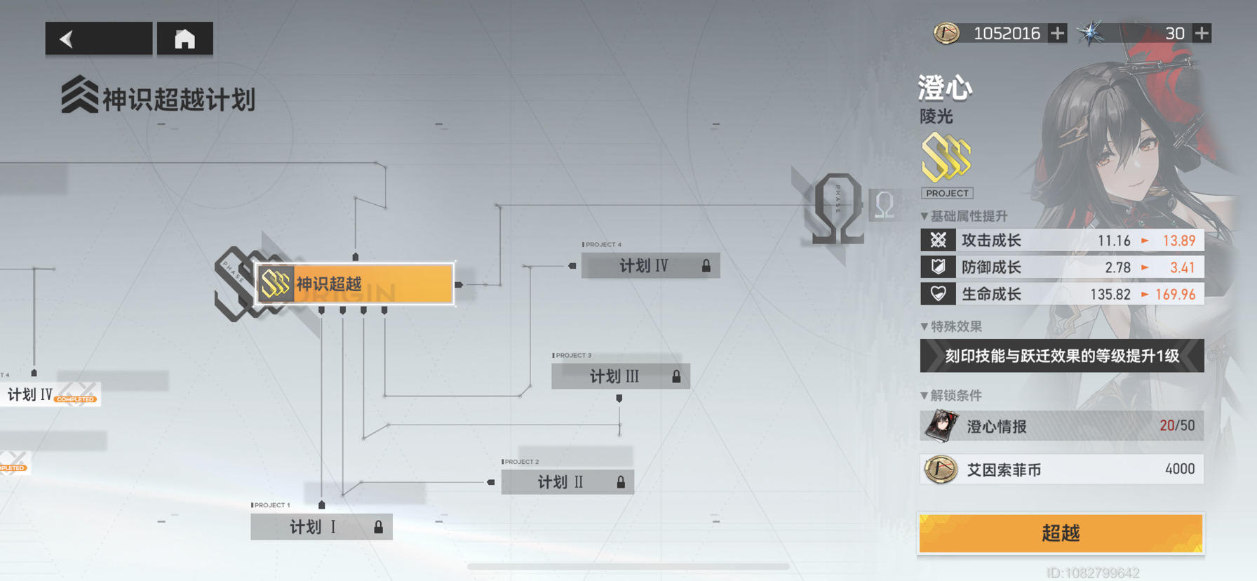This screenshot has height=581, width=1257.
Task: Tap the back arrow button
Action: [98, 39]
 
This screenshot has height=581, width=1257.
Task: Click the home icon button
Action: [184, 39]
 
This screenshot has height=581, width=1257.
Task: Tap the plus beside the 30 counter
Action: [1202, 33]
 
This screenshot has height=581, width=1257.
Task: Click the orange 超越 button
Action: [1061, 533]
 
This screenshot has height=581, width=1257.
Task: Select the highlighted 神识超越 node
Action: [355, 284]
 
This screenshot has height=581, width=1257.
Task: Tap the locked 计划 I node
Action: [321, 527]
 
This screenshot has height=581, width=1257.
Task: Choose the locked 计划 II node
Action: [567, 482]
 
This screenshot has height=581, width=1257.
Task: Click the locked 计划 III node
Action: [620, 377]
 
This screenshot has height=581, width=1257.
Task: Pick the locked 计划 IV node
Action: [650, 266]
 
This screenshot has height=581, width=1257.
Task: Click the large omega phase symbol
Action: [838, 209]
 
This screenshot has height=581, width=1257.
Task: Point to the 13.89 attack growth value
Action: [1178, 241]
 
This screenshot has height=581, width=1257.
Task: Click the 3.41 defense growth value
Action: [1182, 267]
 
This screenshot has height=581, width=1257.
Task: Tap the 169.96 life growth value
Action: [1175, 294]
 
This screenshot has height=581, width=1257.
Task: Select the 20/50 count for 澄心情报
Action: [1177, 426]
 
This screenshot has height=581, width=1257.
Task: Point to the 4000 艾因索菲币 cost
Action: [1179, 469]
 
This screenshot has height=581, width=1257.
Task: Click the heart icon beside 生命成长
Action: [938, 294]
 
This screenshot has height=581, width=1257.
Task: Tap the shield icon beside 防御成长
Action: [938, 267]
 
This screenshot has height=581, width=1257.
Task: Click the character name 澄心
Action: [945, 88]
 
